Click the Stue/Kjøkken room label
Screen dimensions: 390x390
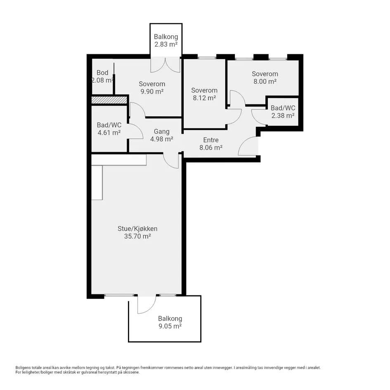pyautogui.click(x=137, y=229)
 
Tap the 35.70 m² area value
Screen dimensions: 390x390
pyautogui.click(x=137, y=236)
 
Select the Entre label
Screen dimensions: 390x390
pyautogui.click(x=211, y=140)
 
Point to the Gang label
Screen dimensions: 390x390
pyautogui.click(x=162, y=132)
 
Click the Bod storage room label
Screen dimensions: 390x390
pyautogui.click(x=102, y=73)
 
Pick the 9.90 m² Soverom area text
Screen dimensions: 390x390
pyautogui.click(x=152, y=92)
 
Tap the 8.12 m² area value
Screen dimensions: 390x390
pyautogui.click(x=204, y=98)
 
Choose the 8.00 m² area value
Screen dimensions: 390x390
pyautogui.click(x=265, y=82)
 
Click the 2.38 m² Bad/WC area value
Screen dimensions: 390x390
pyautogui.click(x=283, y=116)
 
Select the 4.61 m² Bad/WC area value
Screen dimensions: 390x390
pyautogui.click(x=109, y=132)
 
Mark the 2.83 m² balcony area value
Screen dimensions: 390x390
pyautogui.click(x=166, y=45)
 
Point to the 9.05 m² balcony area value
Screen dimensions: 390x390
pyautogui.click(x=170, y=326)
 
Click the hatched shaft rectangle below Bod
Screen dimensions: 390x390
pyautogui.click(x=109, y=100)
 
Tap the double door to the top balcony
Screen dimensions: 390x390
pyautogui.click(x=165, y=65)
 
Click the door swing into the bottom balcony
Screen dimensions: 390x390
pyautogui.click(x=147, y=305)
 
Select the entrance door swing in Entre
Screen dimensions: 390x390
pyautogui.click(x=248, y=146)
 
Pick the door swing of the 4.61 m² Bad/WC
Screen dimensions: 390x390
pyautogui.click(x=136, y=131)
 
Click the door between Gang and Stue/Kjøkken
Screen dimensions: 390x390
pyautogui.click(x=171, y=161)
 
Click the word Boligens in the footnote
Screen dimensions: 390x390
pyautogui.click(x=22, y=368)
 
